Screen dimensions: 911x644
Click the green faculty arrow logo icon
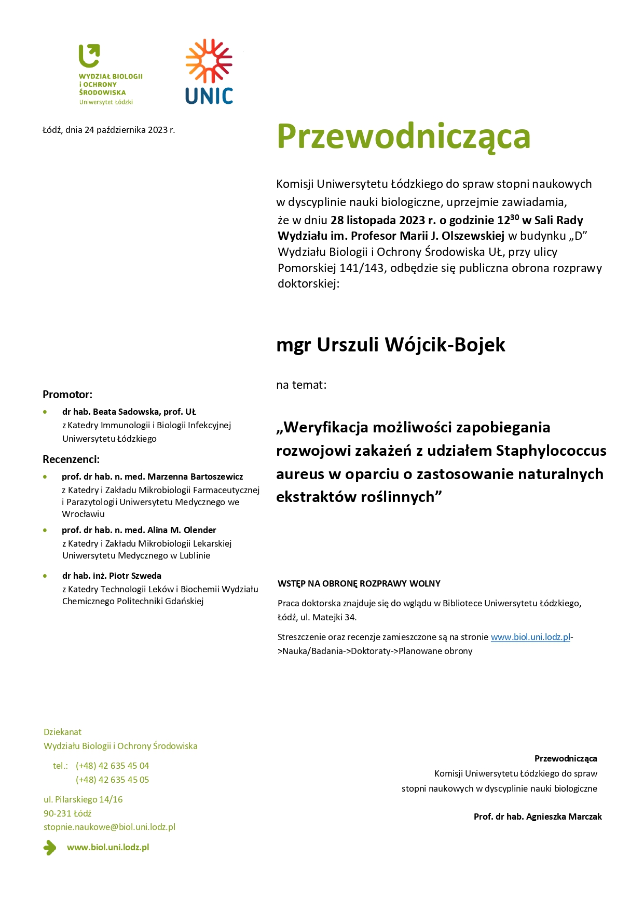(x=89, y=56)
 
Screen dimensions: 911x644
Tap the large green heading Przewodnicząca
(x=403, y=137)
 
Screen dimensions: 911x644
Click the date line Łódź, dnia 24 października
(x=108, y=130)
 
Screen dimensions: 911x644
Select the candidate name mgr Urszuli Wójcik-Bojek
(x=390, y=345)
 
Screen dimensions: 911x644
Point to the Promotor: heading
(x=67, y=395)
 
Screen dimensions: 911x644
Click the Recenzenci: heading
(x=71, y=459)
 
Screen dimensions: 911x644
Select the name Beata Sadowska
(x=129, y=412)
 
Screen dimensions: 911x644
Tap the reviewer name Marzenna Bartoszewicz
(x=195, y=477)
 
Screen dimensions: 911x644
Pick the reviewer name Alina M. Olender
(x=182, y=530)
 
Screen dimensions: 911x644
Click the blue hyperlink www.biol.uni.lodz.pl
(x=530, y=637)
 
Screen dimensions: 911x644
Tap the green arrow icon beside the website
(x=50, y=847)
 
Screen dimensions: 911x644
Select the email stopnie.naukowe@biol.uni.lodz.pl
(x=109, y=827)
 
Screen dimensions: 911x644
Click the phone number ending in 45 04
(x=112, y=766)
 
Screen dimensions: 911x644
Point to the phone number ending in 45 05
(x=112, y=780)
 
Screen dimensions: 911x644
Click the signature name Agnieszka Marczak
(x=564, y=817)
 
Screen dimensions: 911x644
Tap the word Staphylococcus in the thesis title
(x=551, y=451)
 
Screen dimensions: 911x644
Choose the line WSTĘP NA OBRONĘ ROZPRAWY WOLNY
(x=359, y=583)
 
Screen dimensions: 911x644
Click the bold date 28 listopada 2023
(x=383, y=220)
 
